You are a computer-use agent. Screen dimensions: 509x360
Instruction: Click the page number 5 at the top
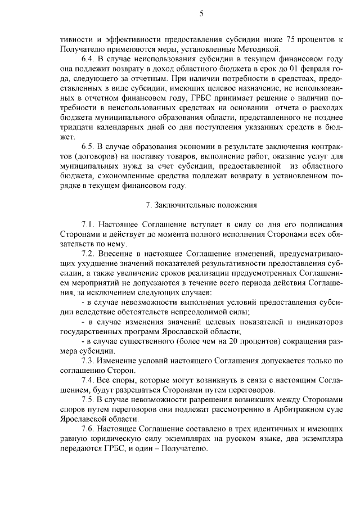point(201,13)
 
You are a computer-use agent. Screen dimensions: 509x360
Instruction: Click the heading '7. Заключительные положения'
point(201,205)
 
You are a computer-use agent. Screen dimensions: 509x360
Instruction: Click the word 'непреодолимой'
point(208,312)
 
